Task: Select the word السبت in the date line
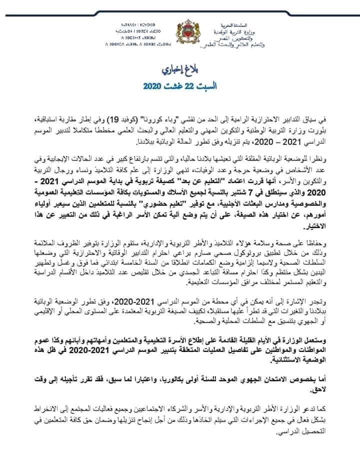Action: click(199, 85)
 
